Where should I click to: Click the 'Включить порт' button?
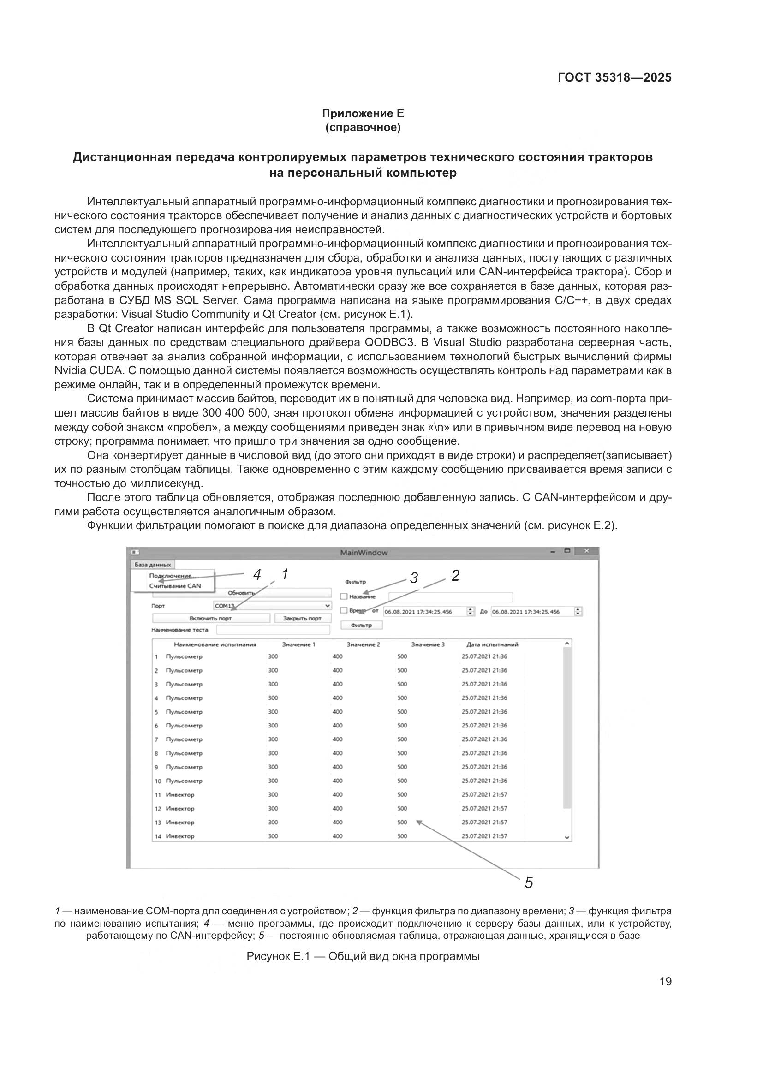210,619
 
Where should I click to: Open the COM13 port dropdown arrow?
328,606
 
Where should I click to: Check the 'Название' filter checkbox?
344,596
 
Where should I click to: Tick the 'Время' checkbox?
344,610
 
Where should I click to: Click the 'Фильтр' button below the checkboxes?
361,625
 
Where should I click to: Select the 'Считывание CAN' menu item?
175,586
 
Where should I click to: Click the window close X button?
586,551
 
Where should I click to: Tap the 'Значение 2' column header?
363,644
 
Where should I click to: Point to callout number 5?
529,883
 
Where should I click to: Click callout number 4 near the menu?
256,574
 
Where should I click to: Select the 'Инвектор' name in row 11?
180,795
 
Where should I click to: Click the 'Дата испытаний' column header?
492,644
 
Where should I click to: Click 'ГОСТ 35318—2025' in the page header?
614,78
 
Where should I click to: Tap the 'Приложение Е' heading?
363,113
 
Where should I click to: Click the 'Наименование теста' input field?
273,630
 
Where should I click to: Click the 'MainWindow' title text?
364,553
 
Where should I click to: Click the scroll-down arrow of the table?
567,837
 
